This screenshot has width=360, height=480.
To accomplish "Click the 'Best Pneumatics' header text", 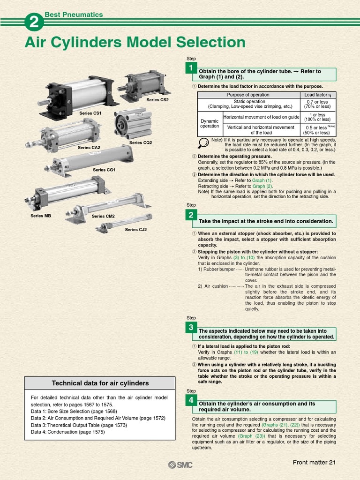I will coord(74,15).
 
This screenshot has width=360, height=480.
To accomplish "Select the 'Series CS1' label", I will coord(90,113).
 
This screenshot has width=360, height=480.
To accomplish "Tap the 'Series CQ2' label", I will coord(141,142).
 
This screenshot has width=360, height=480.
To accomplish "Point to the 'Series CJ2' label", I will coord(136,230).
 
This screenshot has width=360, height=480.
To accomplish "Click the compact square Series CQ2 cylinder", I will coord(134,123).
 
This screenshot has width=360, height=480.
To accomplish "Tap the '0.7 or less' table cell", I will coord(317,102).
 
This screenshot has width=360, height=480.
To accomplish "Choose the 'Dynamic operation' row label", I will coord(209,123).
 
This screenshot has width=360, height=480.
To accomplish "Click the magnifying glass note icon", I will coord(203,143).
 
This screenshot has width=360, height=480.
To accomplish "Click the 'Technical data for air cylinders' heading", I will coord(100,383).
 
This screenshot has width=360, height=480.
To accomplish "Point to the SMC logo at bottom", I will coord(180,465).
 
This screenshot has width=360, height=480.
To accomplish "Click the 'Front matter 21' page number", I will coord(315,463).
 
